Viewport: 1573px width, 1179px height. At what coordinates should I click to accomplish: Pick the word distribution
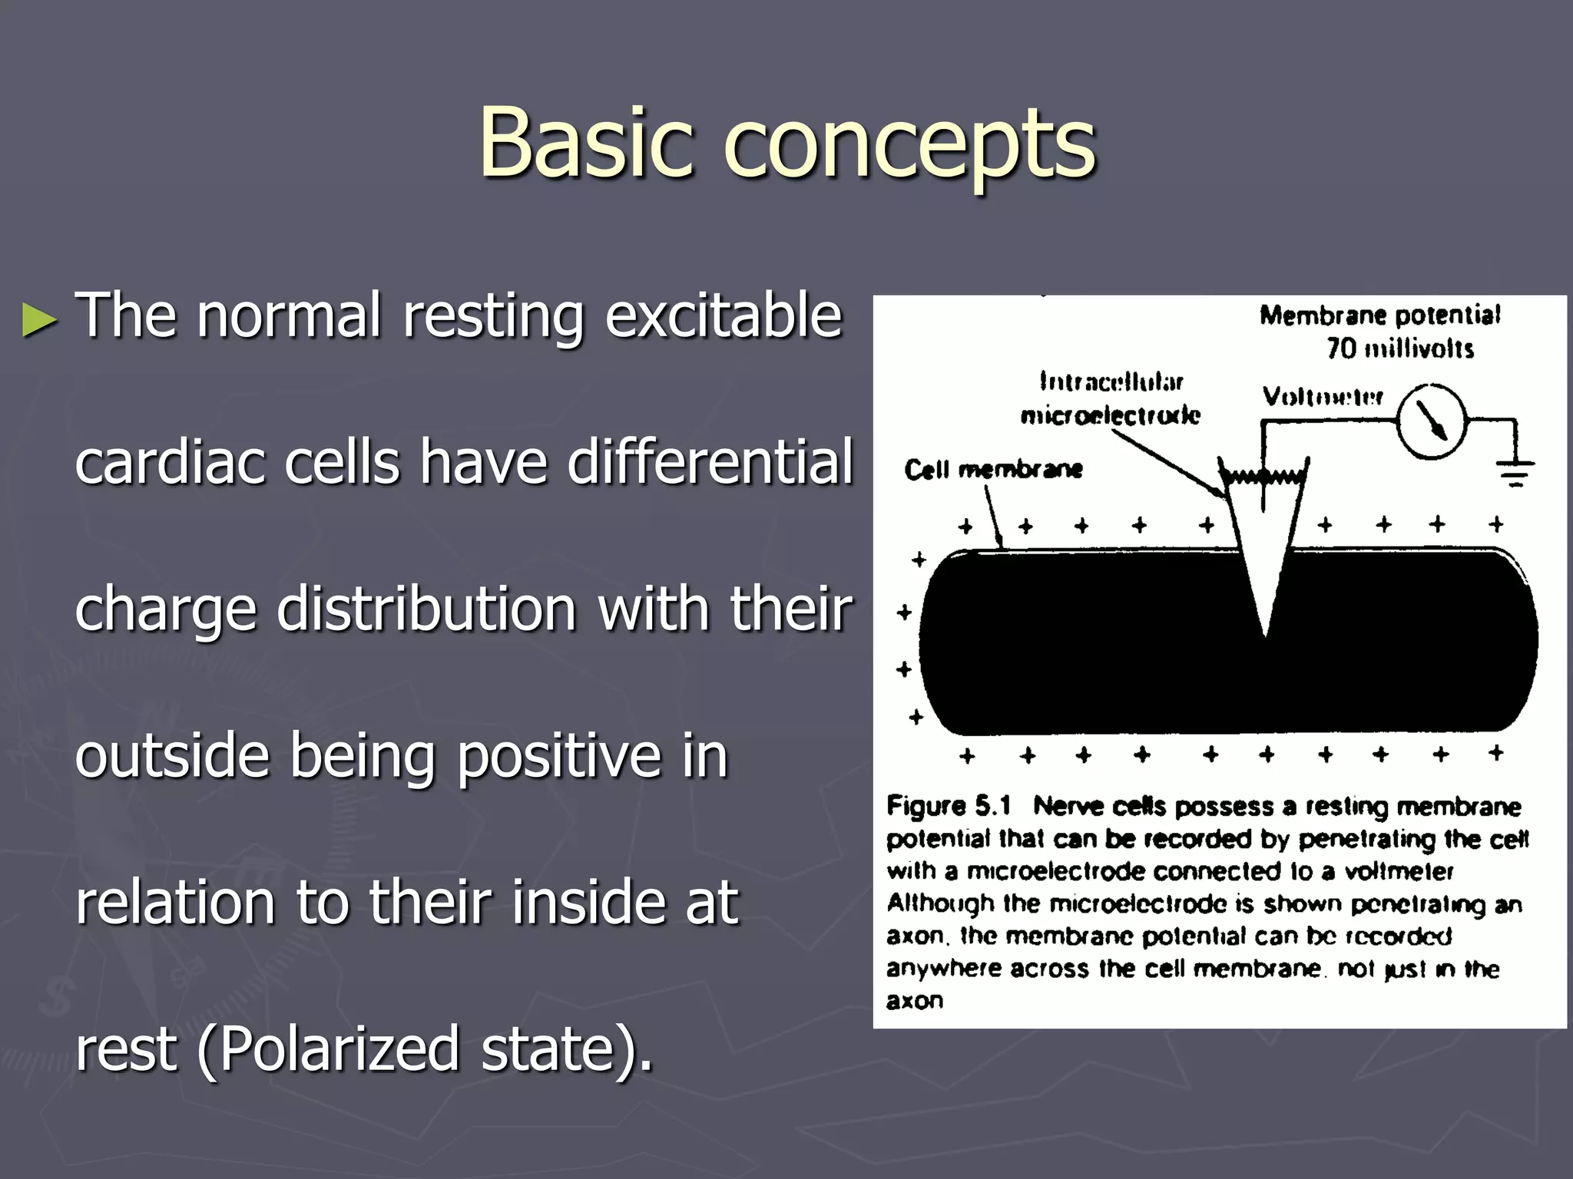click(x=426, y=609)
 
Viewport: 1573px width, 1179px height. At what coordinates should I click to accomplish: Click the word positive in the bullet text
click(x=558, y=757)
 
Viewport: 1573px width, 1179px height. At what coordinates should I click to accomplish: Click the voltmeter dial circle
click(x=1430, y=421)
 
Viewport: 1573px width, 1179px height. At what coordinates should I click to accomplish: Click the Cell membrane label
click(x=992, y=469)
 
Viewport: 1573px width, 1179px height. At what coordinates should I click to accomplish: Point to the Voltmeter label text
click(x=1323, y=397)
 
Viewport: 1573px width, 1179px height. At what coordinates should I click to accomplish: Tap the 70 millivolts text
click(x=1399, y=348)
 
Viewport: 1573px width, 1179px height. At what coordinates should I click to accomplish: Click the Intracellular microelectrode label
click(x=1110, y=398)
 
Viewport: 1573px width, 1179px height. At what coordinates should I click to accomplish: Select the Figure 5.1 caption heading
click(x=949, y=806)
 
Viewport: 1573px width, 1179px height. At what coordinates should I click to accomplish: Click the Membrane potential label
click(x=1379, y=315)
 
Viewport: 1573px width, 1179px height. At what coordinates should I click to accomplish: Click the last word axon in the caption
click(x=914, y=1001)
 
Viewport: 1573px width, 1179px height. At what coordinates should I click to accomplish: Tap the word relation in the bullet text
click(x=175, y=903)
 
